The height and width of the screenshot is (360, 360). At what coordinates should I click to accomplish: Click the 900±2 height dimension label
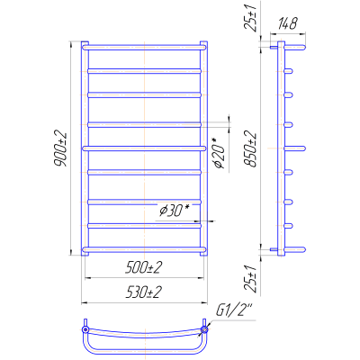(60, 148)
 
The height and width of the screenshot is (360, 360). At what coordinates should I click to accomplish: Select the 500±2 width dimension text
(144, 267)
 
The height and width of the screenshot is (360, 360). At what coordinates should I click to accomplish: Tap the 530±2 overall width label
(144, 292)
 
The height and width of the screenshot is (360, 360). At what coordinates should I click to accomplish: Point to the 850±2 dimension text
(250, 148)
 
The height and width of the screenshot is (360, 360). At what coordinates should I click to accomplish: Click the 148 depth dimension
(288, 23)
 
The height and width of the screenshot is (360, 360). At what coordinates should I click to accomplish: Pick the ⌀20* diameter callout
(219, 154)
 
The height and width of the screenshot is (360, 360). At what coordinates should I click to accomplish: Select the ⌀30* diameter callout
(175, 211)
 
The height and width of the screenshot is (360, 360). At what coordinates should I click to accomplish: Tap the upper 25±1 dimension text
(250, 18)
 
